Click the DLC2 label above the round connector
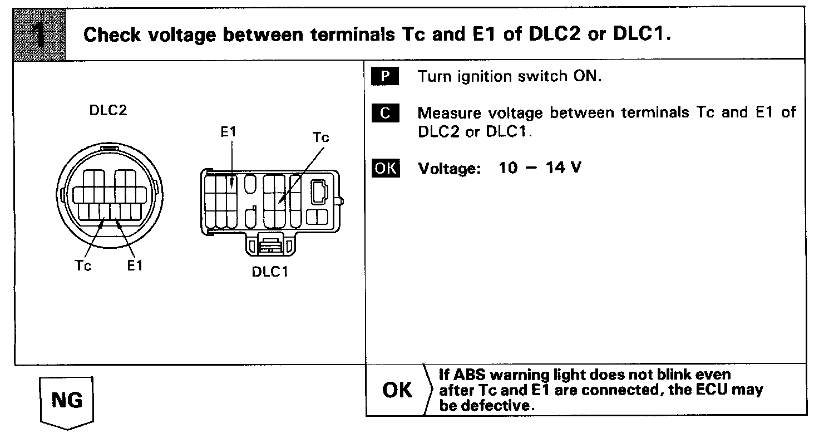(108, 110)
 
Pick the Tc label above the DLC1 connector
(320, 137)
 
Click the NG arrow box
(67, 401)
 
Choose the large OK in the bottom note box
(398, 391)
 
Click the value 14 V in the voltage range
(564, 168)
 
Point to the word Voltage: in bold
(448, 168)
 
